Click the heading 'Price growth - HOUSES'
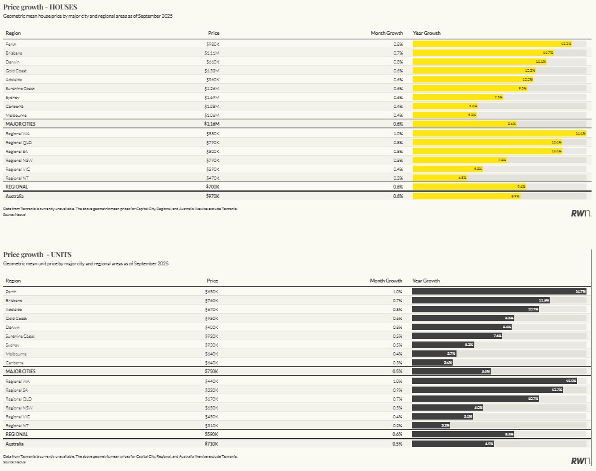click(40, 7)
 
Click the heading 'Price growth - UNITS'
click(37, 255)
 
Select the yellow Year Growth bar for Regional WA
click(499, 134)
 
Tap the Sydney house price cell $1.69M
click(212, 97)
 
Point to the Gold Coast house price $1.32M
click(212, 70)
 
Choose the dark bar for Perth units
click(499, 291)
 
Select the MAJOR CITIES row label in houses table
click(20, 124)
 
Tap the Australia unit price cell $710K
click(212, 444)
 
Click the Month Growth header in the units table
click(386, 281)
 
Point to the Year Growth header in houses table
click(427, 33)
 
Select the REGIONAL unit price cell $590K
click(212, 434)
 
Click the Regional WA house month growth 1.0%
click(398, 134)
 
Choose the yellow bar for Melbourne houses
click(444, 115)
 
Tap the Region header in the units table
click(13, 281)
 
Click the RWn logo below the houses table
click(581, 213)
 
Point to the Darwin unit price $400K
click(212, 327)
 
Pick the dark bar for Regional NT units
click(431, 425)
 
